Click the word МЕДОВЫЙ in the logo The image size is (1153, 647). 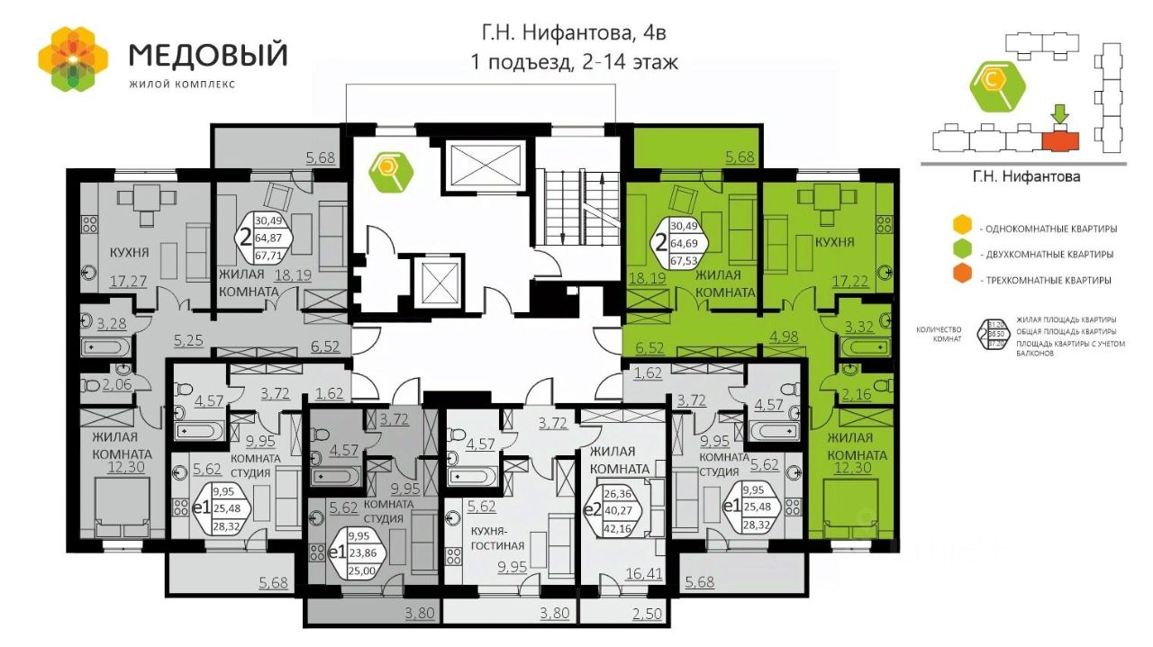208,55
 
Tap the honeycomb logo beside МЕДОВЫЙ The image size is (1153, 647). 72,58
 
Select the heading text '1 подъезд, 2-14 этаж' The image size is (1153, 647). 573,62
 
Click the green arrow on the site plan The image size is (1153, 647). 1059,114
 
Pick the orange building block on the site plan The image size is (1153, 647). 1059,140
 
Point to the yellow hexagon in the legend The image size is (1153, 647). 964,225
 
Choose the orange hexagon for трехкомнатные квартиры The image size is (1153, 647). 964,279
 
